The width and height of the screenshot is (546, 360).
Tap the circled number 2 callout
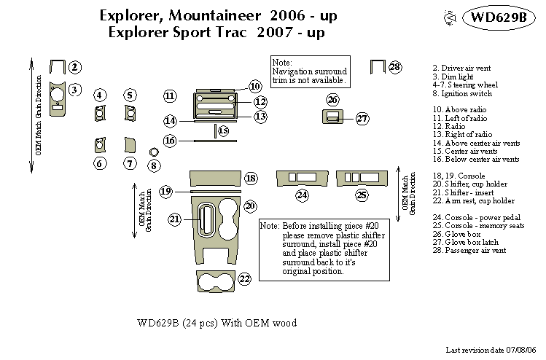(x=74, y=67)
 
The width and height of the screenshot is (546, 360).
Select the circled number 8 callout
(x=153, y=165)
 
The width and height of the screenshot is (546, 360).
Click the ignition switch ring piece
(x=153, y=152)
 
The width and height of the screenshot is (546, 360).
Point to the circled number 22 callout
(x=244, y=278)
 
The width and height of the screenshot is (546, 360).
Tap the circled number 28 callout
(x=394, y=67)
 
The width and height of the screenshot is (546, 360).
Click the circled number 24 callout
(x=302, y=195)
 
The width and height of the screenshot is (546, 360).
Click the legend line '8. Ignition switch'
(x=461, y=93)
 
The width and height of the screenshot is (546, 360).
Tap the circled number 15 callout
(x=223, y=130)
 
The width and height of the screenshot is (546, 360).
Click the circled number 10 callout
(x=254, y=87)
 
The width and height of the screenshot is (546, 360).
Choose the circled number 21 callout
(x=175, y=219)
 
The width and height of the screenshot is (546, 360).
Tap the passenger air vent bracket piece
(x=377, y=66)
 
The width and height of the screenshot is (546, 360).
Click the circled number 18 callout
(x=251, y=179)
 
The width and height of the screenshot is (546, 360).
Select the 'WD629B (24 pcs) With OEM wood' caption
(x=217, y=323)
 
